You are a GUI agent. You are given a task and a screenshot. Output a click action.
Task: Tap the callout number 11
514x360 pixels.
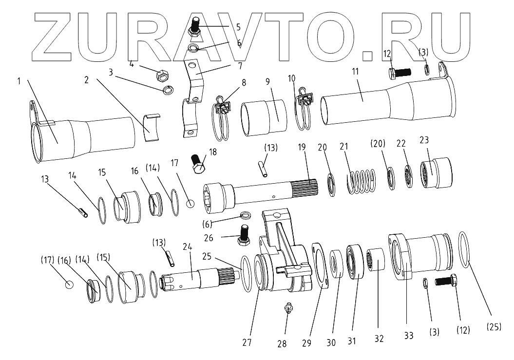[355, 71]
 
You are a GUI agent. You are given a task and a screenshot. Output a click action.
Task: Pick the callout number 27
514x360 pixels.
[247, 341]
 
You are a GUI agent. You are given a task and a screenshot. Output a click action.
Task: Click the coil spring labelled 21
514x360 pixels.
[361, 180]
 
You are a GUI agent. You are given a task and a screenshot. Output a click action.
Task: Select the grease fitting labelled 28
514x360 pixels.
[287, 310]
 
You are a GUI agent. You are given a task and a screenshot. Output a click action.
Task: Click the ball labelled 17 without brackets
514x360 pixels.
[190, 204]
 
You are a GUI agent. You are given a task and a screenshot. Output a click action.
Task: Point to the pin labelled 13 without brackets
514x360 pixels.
[83, 213]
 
